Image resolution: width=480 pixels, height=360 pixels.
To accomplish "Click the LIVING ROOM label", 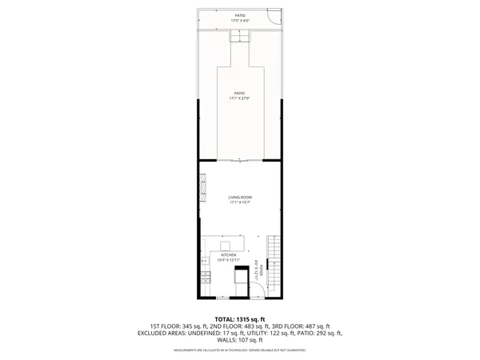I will [240, 200].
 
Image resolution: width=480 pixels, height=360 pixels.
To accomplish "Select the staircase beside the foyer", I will [273, 264].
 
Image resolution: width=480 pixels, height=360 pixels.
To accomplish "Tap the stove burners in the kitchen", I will [204, 278].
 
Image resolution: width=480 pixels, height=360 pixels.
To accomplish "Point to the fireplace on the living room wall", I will [202, 182].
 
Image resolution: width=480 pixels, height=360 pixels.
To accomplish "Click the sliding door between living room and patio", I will [240, 161].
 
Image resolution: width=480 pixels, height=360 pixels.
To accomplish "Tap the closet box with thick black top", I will [240, 277].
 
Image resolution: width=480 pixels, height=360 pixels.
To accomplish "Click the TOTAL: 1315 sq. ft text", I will [240, 319].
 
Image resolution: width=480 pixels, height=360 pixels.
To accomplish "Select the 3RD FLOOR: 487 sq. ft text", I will [307, 326].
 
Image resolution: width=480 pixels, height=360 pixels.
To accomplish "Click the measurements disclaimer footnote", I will [240, 350].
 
